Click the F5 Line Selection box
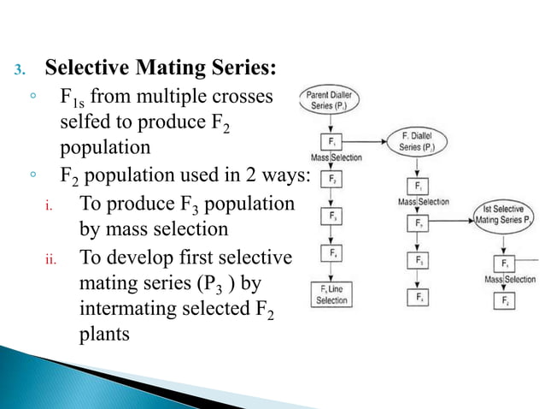coord(331,294)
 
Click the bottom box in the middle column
coord(419,297)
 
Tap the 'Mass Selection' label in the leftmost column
coord(336,157)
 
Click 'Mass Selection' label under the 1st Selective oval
coord(510,280)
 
